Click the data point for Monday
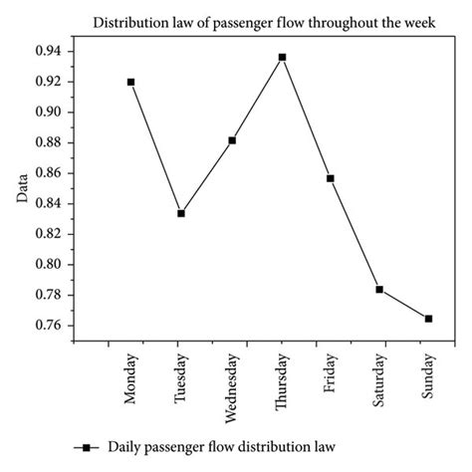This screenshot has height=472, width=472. point(130,82)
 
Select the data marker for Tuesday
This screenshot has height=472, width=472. point(180,213)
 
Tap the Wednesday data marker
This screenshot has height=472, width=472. point(232,140)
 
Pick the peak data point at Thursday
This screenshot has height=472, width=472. point(282,57)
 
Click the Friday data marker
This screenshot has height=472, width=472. point(331,178)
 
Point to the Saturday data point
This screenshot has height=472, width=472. point(379,289)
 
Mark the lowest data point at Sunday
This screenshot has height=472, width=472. point(428,319)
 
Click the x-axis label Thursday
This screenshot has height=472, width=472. point(283,377)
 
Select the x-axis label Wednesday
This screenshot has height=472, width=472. point(233,382)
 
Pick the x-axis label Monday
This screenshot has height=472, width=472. point(131,375)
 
